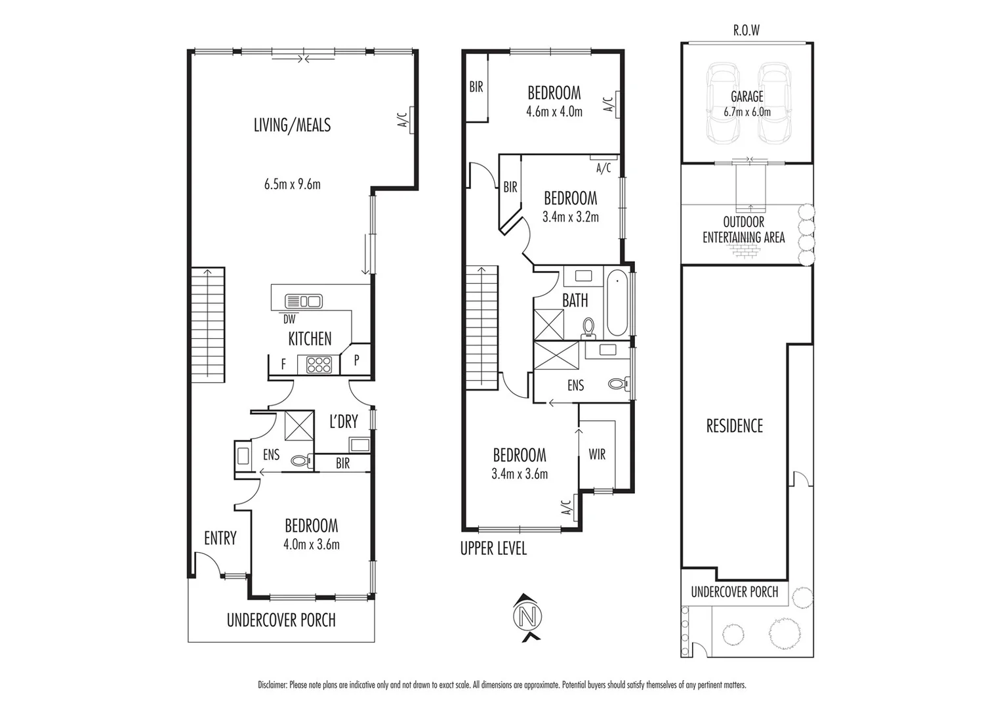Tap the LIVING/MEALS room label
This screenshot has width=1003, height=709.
coord(292,125)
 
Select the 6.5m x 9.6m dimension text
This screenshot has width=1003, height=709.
coord(292,184)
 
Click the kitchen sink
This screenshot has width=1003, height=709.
coord(304,301)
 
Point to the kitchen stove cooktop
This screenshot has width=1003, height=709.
coord(319,364)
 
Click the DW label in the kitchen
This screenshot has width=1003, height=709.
coord(289,320)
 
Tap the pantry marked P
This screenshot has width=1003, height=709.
coord(357,360)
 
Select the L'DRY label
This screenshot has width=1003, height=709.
coord(343,421)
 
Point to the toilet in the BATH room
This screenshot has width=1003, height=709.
coord(588,326)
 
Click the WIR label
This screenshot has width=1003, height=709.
coord(597,454)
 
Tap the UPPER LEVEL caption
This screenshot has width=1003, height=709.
coord(493,549)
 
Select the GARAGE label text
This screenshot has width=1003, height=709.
coord(747,97)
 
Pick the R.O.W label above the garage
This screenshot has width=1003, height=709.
coord(747,31)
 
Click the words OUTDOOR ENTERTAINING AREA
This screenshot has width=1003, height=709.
coord(743,230)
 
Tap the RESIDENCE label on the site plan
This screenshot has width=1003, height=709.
coord(734,426)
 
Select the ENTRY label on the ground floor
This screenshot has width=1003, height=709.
coord(220,538)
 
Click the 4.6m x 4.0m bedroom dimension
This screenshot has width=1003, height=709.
coord(554,112)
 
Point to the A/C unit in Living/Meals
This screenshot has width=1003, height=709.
coord(411,119)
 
